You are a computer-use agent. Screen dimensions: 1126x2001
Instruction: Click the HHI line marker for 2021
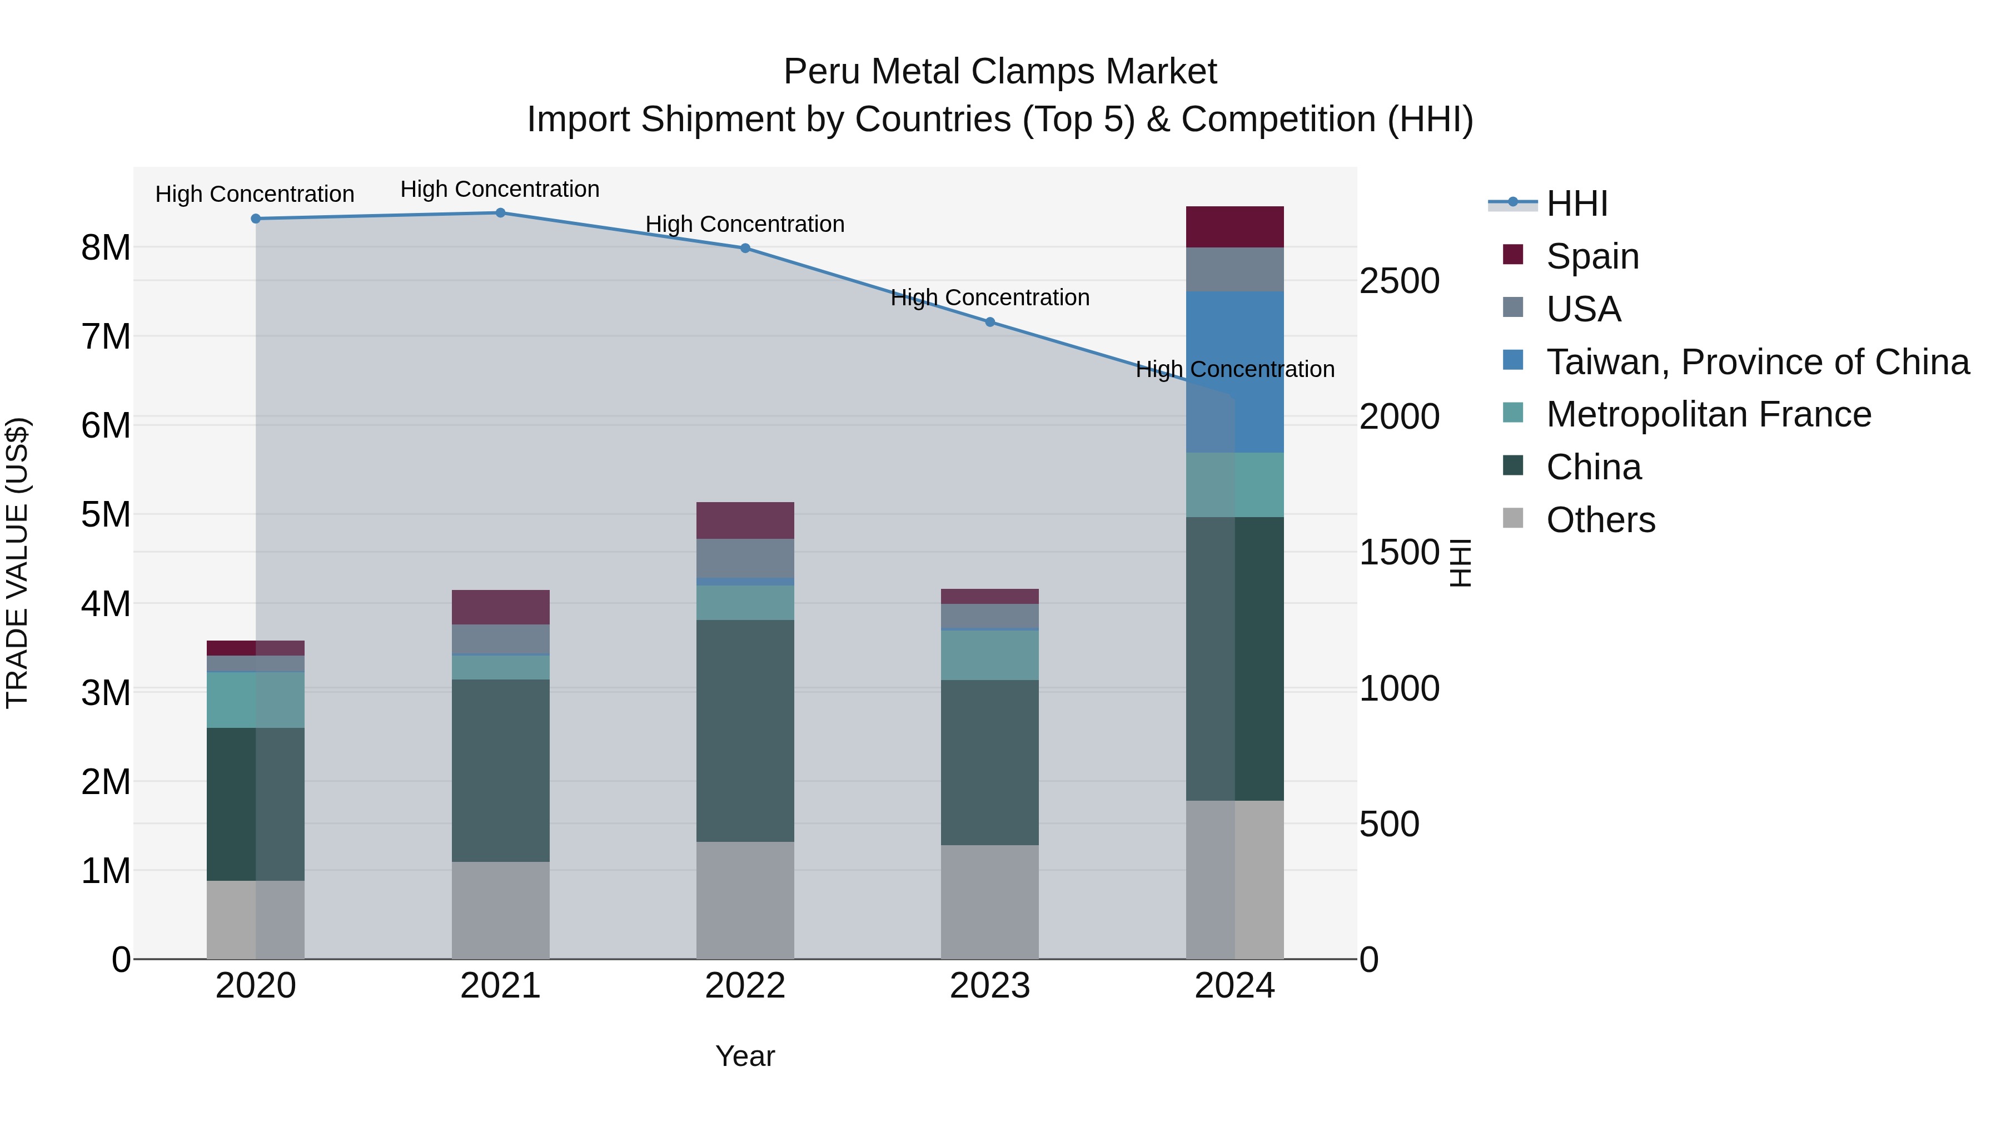pos(500,213)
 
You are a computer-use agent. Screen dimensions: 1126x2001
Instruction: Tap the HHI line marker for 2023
pos(989,322)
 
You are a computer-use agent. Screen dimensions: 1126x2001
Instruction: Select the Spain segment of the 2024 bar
pos(1235,227)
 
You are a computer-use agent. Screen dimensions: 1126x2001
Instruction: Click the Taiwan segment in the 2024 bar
pos(1235,371)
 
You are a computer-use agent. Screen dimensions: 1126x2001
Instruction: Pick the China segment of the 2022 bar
pos(745,731)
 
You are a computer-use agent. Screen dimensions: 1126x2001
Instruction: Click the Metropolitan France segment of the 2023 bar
pos(989,655)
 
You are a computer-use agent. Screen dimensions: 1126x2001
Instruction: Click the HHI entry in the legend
pos(1576,204)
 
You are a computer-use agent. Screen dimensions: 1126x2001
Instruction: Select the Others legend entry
pos(1600,520)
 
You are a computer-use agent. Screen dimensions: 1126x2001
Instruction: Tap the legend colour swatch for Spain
pos(1512,255)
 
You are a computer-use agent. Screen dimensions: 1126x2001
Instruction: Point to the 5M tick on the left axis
pos(106,514)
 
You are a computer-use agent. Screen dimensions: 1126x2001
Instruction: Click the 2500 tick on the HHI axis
pos(1399,281)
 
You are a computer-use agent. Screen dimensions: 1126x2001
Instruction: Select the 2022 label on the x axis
pos(745,986)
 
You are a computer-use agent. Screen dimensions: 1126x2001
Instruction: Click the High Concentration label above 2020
pos(255,194)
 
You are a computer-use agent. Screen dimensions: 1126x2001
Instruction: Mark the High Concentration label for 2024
pos(1235,369)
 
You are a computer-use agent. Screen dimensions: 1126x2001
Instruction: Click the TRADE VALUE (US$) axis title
pos(17,563)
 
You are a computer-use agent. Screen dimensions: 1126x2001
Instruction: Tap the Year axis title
pos(745,1056)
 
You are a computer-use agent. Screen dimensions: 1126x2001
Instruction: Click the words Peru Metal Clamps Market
pos(1000,72)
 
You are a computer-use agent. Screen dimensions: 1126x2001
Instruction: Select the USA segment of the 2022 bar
pos(745,558)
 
